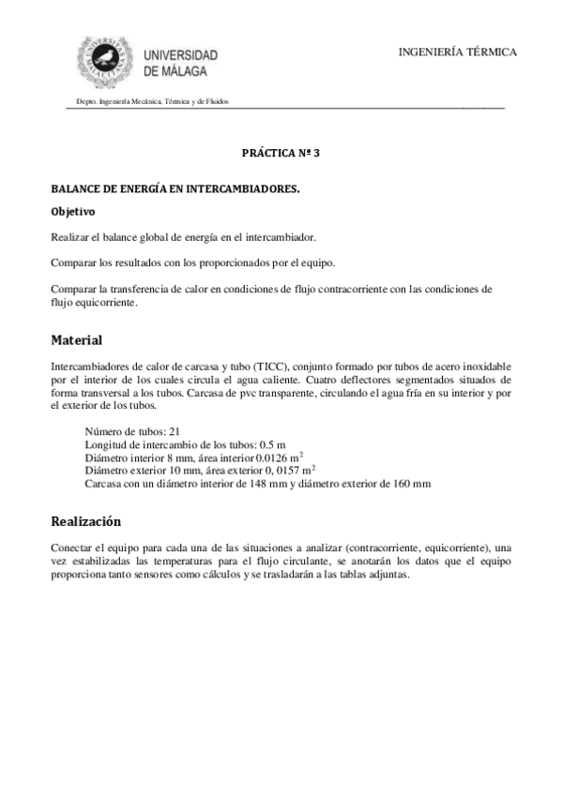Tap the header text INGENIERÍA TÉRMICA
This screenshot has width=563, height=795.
click(457, 52)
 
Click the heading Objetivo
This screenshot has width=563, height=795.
click(72, 212)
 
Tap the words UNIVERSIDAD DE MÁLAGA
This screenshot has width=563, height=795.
click(180, 63)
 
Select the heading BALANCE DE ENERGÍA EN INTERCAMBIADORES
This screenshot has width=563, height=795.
click(175, 189)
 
